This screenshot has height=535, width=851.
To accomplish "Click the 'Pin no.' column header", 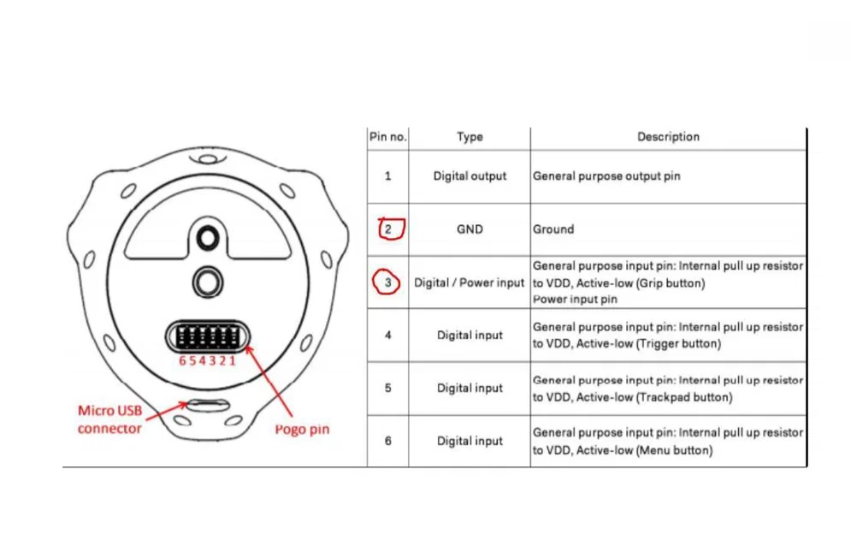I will click(387, 137).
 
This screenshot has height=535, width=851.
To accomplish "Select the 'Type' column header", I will click(470, 137).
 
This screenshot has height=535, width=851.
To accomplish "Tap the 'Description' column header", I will click(668, 137).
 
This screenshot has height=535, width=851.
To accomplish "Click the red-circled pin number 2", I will click(389, 229).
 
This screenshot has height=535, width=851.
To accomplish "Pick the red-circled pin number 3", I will click(387, 282).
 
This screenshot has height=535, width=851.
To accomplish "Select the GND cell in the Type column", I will click(470, 229).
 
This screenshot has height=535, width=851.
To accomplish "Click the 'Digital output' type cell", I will click(470, 176).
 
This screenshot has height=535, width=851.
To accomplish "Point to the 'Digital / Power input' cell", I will click(470, 282).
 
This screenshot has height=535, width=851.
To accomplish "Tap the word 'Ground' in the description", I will click(553, 229).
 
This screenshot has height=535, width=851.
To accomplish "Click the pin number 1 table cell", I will click(388, 176).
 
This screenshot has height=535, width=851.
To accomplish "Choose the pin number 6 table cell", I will click(388, 441).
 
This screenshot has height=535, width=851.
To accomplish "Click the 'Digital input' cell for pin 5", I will click(470, 388).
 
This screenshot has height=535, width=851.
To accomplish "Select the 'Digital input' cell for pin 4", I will click(470, 336).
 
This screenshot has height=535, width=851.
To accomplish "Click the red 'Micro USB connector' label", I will click(109, 419).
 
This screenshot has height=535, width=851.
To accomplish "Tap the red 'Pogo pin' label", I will click(302, 429).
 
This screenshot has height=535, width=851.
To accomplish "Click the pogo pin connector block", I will click(206, 336).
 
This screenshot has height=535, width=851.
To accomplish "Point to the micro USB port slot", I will click(206, 403).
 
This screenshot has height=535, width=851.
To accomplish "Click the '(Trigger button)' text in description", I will click(675, 344).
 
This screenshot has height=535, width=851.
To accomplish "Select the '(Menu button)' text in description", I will click(674, 450).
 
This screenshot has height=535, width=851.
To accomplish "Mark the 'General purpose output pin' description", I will click(606, 176).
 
